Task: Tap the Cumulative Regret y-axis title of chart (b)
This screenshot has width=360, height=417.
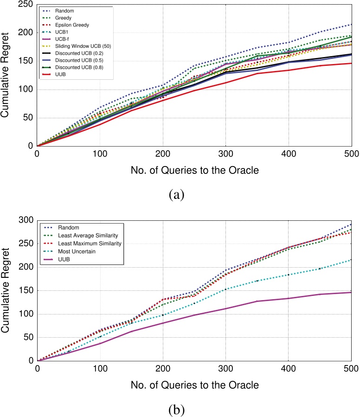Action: click(x=7, y=290)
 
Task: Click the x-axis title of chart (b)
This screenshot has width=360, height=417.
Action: click(x=194, y=385)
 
